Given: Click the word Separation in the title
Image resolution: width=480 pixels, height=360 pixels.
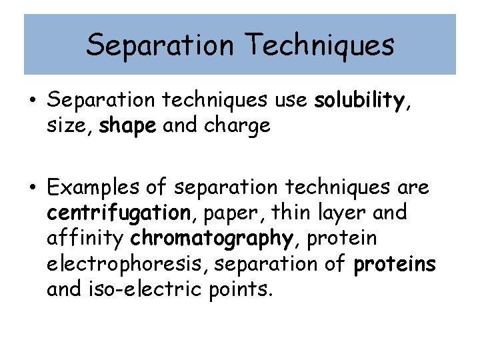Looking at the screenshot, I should pos(158,45).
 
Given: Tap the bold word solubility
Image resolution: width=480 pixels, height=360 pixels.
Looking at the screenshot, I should pos(359,101).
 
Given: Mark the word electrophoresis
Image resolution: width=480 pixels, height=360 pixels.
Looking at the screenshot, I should pos(125,264).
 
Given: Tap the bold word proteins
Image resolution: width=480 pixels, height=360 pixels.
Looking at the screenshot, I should pos(395,264).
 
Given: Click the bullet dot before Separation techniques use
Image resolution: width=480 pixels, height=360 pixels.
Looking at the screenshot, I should pos(32,101).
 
